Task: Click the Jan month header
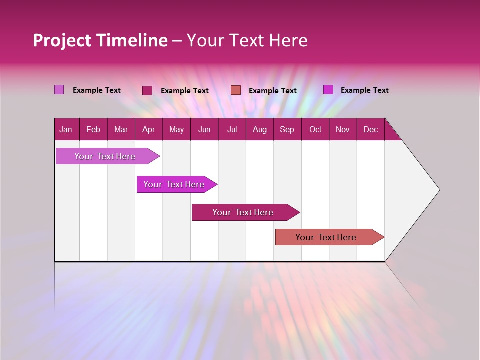click(66, 130)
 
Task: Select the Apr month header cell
click(148, 130)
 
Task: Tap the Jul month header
click(232, 130)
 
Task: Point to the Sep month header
click(287, 130)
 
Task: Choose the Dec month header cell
click(370, 130)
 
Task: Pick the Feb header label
click(93, 130)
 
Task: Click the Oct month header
click(315, 130)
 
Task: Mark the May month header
click(176, 130)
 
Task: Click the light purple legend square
click(59, 90)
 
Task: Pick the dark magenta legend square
click(147, 90)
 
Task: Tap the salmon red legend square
click(236, 90)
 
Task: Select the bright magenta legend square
click(328, 90)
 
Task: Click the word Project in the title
click(62, 40)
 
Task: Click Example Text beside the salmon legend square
click(272, 91)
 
